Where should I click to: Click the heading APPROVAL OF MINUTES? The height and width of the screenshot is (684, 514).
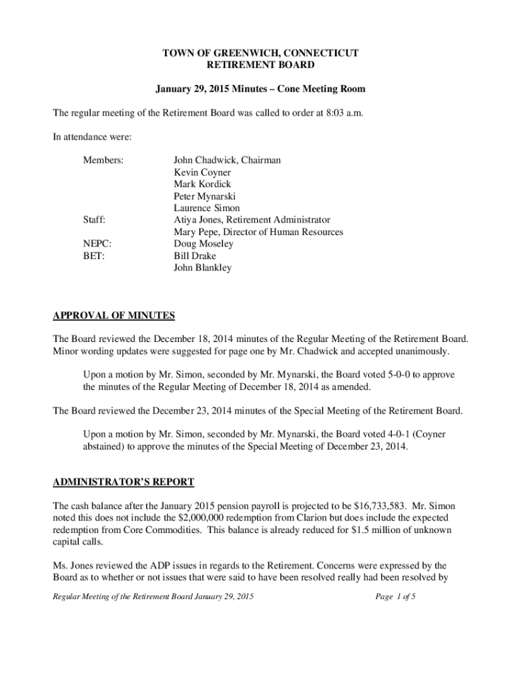[114, 316]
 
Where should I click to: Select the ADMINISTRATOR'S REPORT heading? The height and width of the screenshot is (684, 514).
[123, 482]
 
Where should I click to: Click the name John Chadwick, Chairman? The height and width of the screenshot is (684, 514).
[227, 160]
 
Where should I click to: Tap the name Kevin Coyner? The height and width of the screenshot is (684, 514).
[202, 172]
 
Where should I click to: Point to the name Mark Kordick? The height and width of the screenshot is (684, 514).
[202, 184]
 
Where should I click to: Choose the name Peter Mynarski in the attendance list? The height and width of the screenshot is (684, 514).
[204, 196]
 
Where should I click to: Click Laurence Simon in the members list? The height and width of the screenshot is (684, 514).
[206, 208]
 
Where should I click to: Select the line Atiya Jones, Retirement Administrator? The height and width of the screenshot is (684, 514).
[252, 220]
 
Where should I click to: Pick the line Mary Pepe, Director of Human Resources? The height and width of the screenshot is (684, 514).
[258, 232]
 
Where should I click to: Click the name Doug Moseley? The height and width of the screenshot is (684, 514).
[204, 244]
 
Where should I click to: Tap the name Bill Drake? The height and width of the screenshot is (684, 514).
[195, 256]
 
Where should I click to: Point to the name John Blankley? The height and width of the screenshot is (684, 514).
[202, 268]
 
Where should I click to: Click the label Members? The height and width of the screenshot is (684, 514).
[103, 160]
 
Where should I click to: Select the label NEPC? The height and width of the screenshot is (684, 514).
[97, 244]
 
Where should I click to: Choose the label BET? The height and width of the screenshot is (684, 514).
[93, 256]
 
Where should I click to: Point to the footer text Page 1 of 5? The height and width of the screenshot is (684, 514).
[396, 596]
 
